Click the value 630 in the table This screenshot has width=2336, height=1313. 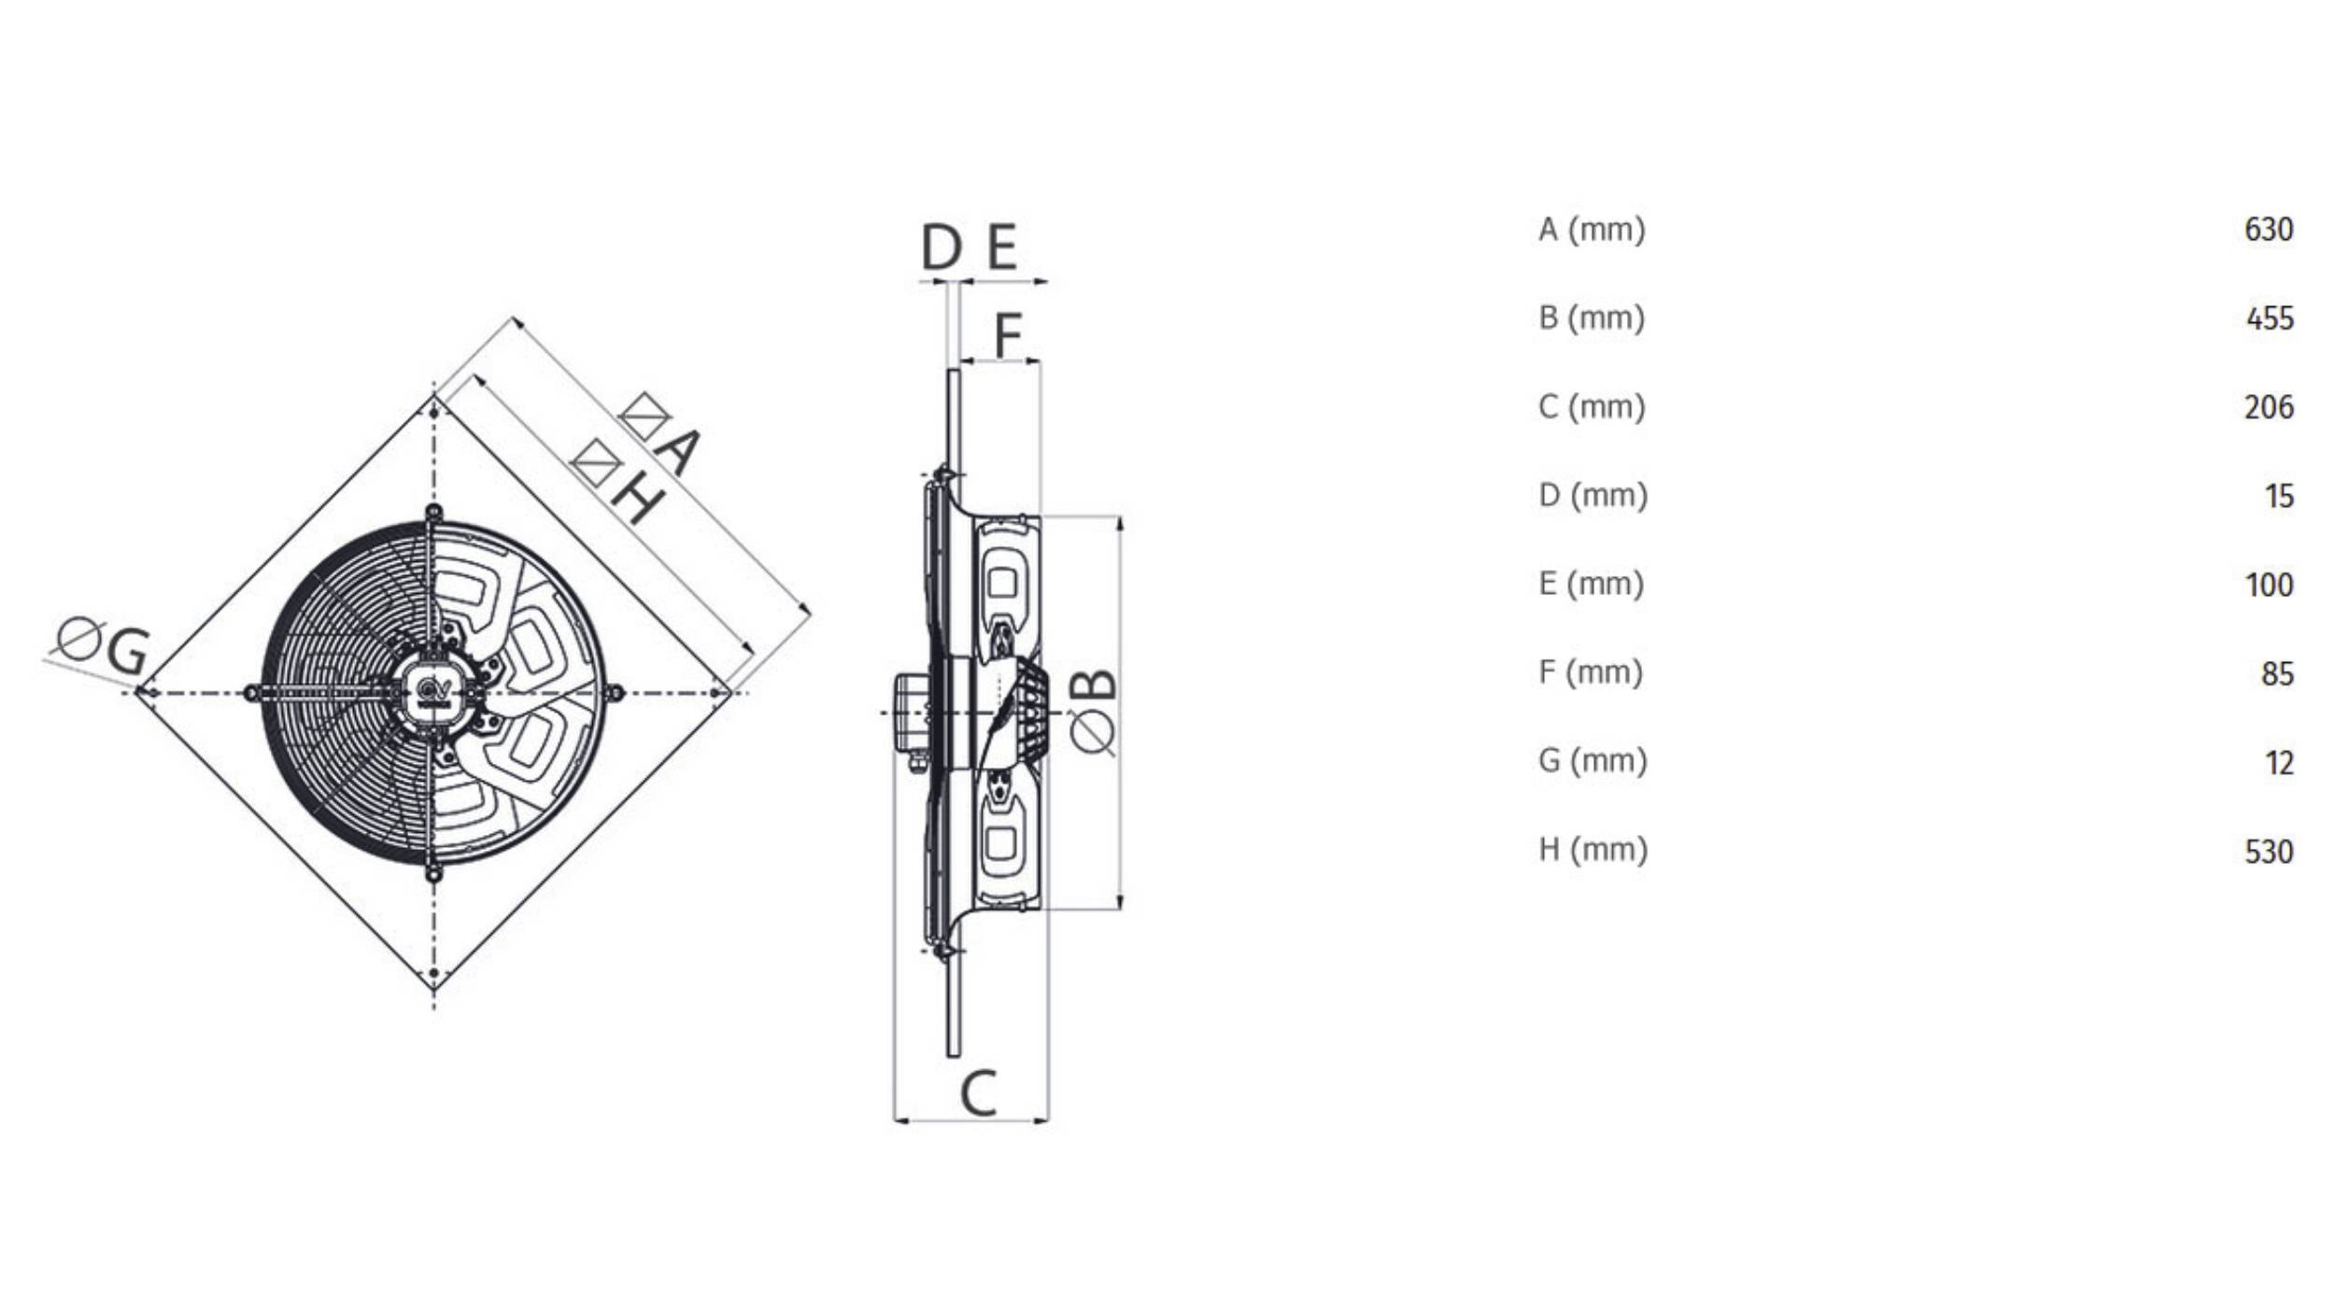pyautogui.click(x=2268, y=230)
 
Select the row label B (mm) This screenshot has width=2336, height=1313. pyautogui.click(x=1592, y=318)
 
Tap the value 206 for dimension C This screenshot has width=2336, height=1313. pyautogui.click(x=2268, y=407)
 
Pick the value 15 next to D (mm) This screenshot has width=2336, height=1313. pyautogui.click(x=2278, y=496)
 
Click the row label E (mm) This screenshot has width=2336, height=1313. pyautogui.click(x=1591, y=585)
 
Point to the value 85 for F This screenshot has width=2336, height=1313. pyautogui.click(x=2277, y=673)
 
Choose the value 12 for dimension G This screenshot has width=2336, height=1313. pyautogui.click(x=2278, y=763)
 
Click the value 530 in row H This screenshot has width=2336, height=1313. pyautogui.click(x=2268, y=852)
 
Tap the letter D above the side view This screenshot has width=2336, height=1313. pyautogui.click(x=941, y=248)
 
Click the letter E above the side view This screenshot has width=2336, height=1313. pyautogui.click(x=1002, y=248)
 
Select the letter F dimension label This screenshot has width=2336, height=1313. pyautogui.click(x=1007, y=334)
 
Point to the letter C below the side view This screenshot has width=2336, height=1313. pyautogui.click(x=978, y=1094)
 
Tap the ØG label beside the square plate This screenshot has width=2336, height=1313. pyautogui.click(x=103, y=645)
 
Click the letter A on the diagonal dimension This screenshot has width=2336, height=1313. pyautogui.click(x=676, y=452)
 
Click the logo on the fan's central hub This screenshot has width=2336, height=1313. pyautogui.click(x=434, y=692)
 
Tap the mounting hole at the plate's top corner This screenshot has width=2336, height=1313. pyautogui.click(x=434, y=412)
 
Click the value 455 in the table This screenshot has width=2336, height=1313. pyautogui.click(x=2269, y=318)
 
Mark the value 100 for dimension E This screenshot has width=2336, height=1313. pyautogui.click(x=2268, y=585)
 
